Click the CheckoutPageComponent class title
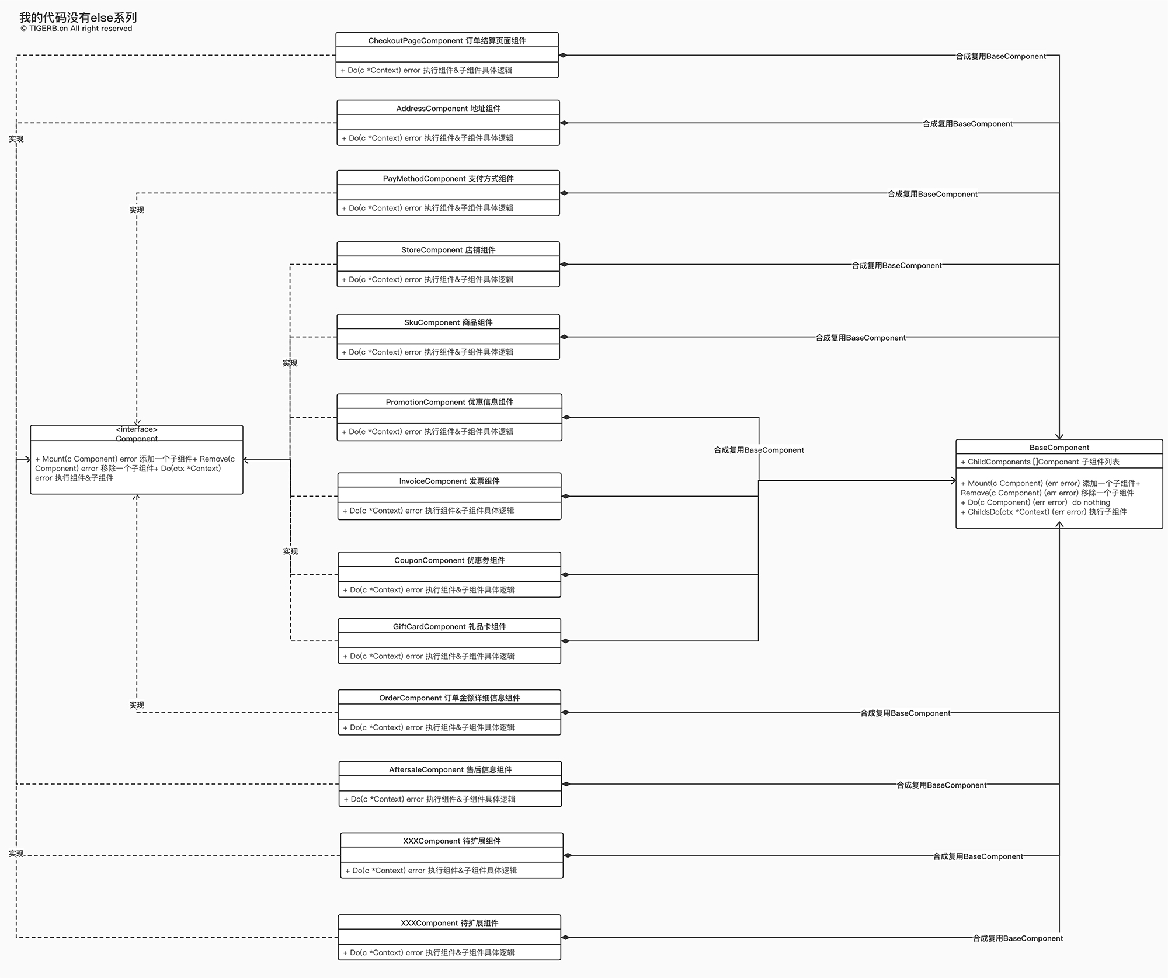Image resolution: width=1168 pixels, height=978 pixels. pos(447,41)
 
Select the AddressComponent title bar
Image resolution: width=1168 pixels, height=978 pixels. pos(448,109)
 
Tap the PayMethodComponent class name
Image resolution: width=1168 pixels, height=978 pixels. pos(448,179)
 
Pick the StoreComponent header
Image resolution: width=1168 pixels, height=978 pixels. pos(448,250)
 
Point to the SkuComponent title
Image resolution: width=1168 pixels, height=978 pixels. pos(448,322)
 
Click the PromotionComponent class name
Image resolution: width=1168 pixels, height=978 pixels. pos(449,402)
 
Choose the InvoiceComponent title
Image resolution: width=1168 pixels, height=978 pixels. pos(449,481)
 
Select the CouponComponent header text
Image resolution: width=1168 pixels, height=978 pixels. pos(449,560)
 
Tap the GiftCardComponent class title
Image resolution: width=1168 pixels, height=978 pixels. pos(449,627)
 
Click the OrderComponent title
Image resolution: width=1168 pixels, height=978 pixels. pos(449,698)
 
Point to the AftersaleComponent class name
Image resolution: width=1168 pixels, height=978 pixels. pos(450,770)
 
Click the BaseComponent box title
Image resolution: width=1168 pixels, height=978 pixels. pos(1059,448)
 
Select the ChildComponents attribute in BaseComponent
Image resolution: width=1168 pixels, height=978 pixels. pos(1040,462)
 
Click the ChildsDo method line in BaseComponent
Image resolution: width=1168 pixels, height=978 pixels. pos(1044,512)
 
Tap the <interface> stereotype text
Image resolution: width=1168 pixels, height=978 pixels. pos(137,429)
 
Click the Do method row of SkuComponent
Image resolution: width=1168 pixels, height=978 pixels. pos(427,352)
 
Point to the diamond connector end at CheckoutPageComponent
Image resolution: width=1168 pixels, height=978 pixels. pos(564,56)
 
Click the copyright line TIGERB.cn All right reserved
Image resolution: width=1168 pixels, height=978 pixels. pos(76,29)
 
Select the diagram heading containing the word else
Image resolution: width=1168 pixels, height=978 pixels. pos(78,18)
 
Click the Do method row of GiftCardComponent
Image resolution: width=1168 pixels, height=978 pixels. pos(429,656)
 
